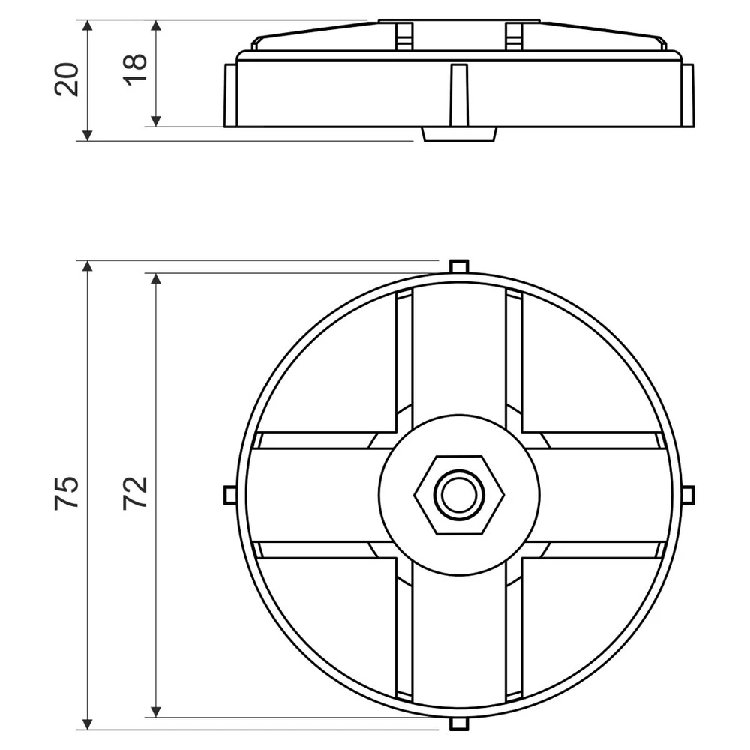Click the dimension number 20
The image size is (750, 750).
(67, 79)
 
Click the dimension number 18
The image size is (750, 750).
(135, 70)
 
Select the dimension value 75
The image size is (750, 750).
(67, 493)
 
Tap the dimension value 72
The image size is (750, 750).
(135, 493)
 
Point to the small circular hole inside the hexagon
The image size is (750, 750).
(459, 495)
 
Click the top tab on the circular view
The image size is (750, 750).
(459, 266)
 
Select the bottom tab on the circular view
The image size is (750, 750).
(459, 723)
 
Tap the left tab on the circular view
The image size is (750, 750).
(230, 495)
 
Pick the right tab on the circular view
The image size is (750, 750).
(688, 495)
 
